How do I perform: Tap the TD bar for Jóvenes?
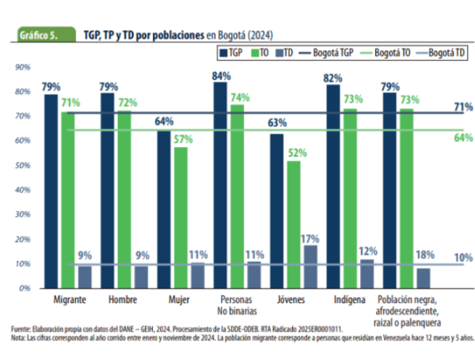point(310,266)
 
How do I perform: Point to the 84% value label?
point(221,76)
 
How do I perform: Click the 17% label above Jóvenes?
point(311,238)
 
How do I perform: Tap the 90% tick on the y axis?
point(23,68)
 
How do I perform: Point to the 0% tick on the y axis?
point(25,288)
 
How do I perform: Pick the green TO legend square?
point(254,53)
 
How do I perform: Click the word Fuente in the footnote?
point(22,328)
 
